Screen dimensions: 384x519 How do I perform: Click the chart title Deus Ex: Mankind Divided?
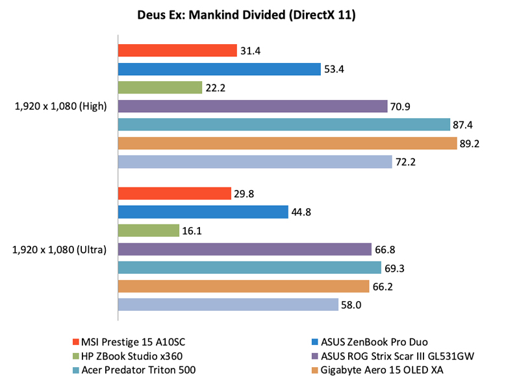coord(259,15)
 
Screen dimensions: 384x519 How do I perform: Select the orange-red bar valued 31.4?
coord(177,51)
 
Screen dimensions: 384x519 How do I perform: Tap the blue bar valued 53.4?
coord(219,69)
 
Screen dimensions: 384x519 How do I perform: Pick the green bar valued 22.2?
coord(160,88)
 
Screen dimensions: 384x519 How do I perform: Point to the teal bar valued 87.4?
coord(283,125)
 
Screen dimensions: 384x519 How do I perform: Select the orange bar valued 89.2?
coord(286,143)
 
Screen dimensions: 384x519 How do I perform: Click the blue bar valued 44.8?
coord(203,211)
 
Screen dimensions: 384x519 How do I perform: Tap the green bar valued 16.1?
coord(148,230)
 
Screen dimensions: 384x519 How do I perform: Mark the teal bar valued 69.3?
coord(249,267)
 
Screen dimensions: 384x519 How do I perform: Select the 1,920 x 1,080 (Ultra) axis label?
coord(59,249)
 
